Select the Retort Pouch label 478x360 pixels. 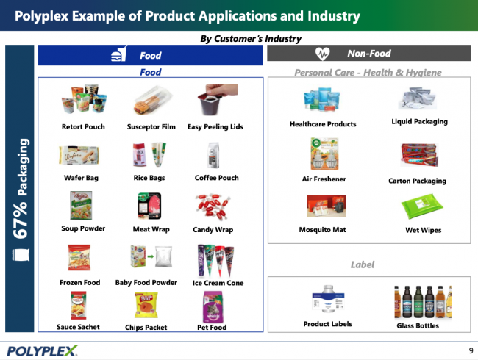coord(83,127)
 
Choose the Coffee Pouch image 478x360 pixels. coord(216,155)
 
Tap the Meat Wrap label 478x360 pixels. coord(151,229)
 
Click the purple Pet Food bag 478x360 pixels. coord(215,306)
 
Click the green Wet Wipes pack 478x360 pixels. coord(424,209)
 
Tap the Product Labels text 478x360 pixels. coord(327,324)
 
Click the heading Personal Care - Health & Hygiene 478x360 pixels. coord(368,72)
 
